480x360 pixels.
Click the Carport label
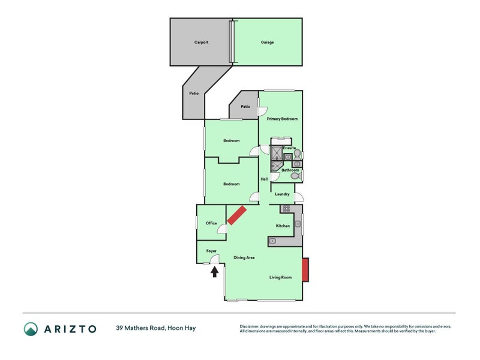(201, 43)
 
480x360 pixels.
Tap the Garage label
(267, 43)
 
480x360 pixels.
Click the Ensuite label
(289, 148)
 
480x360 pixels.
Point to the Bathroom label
(290, 170)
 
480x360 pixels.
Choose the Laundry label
(282, 194)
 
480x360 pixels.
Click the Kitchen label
(283, 226)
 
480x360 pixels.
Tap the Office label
(211, 223)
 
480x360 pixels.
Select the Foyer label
(211, 250)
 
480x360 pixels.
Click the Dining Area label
(244, 257)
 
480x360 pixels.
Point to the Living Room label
(280, 277)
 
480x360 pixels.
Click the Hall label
(263, 179)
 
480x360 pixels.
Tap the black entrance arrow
(214, 272)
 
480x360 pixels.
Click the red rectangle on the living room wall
(305, 270)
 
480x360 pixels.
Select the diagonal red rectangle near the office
(236, 215)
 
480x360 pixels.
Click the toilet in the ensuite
(296, 155)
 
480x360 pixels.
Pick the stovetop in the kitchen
(286, 209)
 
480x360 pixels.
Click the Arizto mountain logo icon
(31, 328)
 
